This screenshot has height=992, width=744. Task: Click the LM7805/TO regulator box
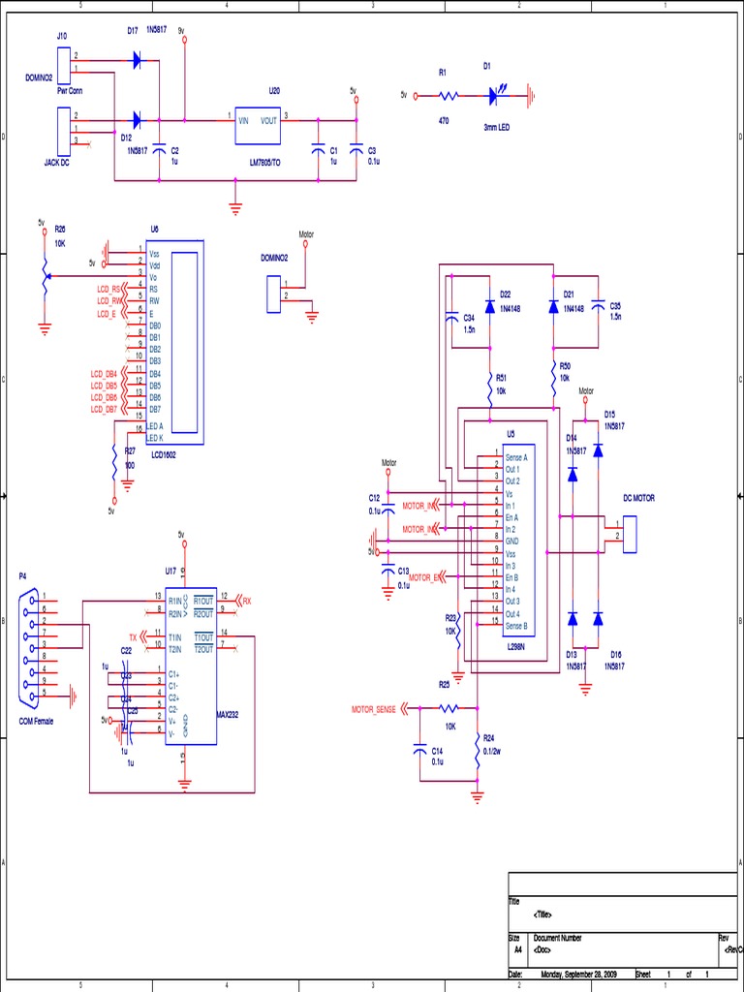tap(258, 125)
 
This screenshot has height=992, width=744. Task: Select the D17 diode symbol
tap(137, 60)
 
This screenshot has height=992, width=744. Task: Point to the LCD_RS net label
tap(108, 290)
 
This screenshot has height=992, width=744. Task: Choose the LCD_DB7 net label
tap(104, 409)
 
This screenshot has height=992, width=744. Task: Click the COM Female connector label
tap(38, 722)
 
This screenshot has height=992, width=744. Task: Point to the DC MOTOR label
tap(638, 498)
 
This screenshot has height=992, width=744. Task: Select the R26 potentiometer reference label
tap(60, 230)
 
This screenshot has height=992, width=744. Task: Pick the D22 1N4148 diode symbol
tap(490, 306)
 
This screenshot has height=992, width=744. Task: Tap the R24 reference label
tap(488, 737)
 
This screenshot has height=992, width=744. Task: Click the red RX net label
tap(246, 600)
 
